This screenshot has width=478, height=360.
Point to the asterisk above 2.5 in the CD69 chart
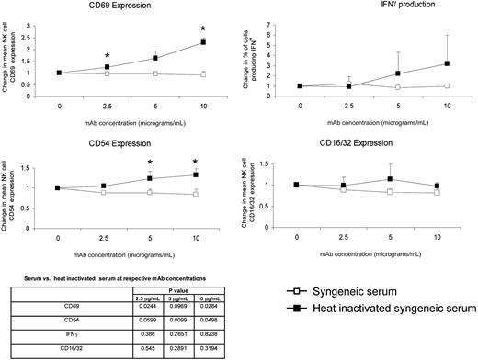107,55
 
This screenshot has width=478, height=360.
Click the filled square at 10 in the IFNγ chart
448,64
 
